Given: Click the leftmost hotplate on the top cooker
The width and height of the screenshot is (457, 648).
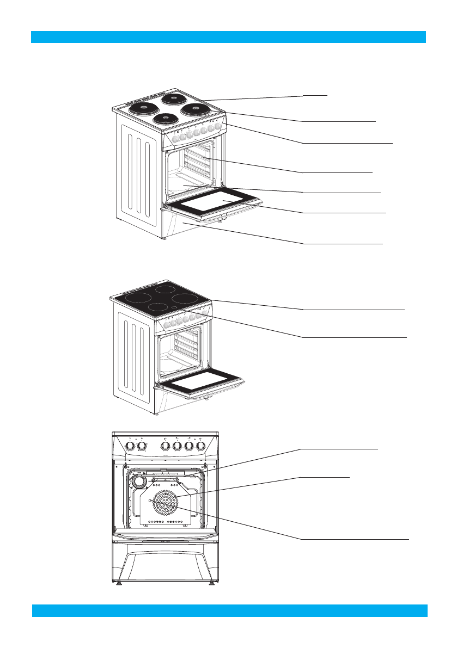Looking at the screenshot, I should point(143,109).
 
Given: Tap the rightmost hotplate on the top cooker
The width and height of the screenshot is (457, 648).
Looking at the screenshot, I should point(193,109).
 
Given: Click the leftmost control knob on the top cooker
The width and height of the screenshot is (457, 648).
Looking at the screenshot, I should point(175,139).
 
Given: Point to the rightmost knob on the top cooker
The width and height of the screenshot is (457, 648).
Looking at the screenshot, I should point(218,127).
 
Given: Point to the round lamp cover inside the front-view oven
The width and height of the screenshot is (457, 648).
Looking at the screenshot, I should point(139,481).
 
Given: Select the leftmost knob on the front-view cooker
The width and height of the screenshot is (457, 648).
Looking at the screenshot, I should point(130,446).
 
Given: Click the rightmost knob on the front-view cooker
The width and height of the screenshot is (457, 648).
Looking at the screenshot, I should point(201,446).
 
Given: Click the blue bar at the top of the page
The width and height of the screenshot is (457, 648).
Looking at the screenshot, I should point(228,37).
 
